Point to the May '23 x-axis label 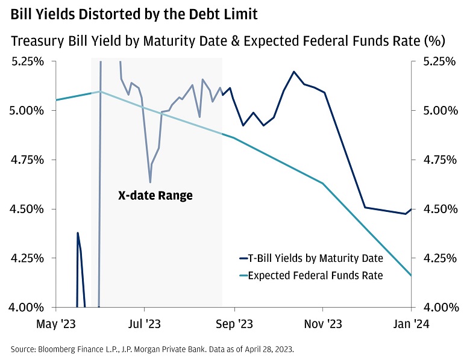click(x=55, y=324)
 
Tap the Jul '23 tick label click(x=145, y=324)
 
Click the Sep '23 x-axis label click(x=234, y=324)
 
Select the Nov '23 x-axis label click(x=324, y=324)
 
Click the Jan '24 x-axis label click(x=412, y=324)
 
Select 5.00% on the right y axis click(x=438, y=111)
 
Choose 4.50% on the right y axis click(x=438, y=209)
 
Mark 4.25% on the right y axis click(x=438, y=258)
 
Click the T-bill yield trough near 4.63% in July click(x=150, y=182)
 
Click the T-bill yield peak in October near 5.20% click(x=294, y=72)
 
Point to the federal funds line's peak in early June click(x=101, y=92)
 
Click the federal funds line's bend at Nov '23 click(x=324, y=183)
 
